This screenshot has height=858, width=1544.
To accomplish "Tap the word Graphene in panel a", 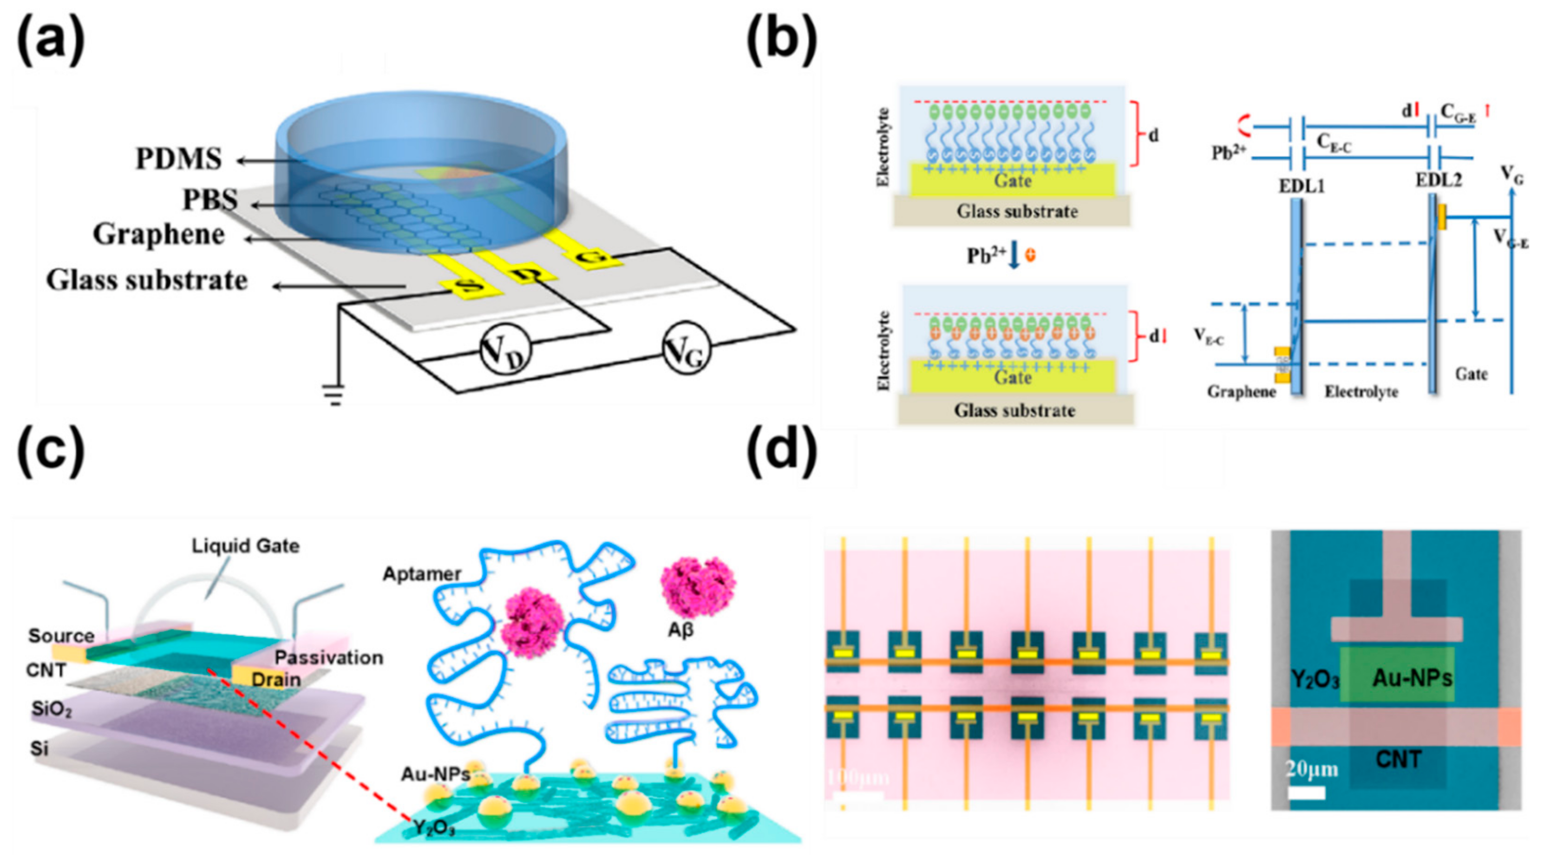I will click(x=158, y=235).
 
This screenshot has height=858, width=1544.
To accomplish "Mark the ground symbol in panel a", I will click(x=334, y=396).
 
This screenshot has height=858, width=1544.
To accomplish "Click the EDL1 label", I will click(x=1301, y=186).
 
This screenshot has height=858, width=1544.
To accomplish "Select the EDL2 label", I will click(x=1439, y=180).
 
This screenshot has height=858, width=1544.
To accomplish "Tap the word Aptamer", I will click(x=422, y=574).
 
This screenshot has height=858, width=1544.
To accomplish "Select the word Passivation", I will click(x=328, y=657).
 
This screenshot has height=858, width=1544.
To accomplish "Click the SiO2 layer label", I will click(x=52, y=710).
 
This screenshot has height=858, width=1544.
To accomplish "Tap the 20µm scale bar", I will click(x=1307, y=793).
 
